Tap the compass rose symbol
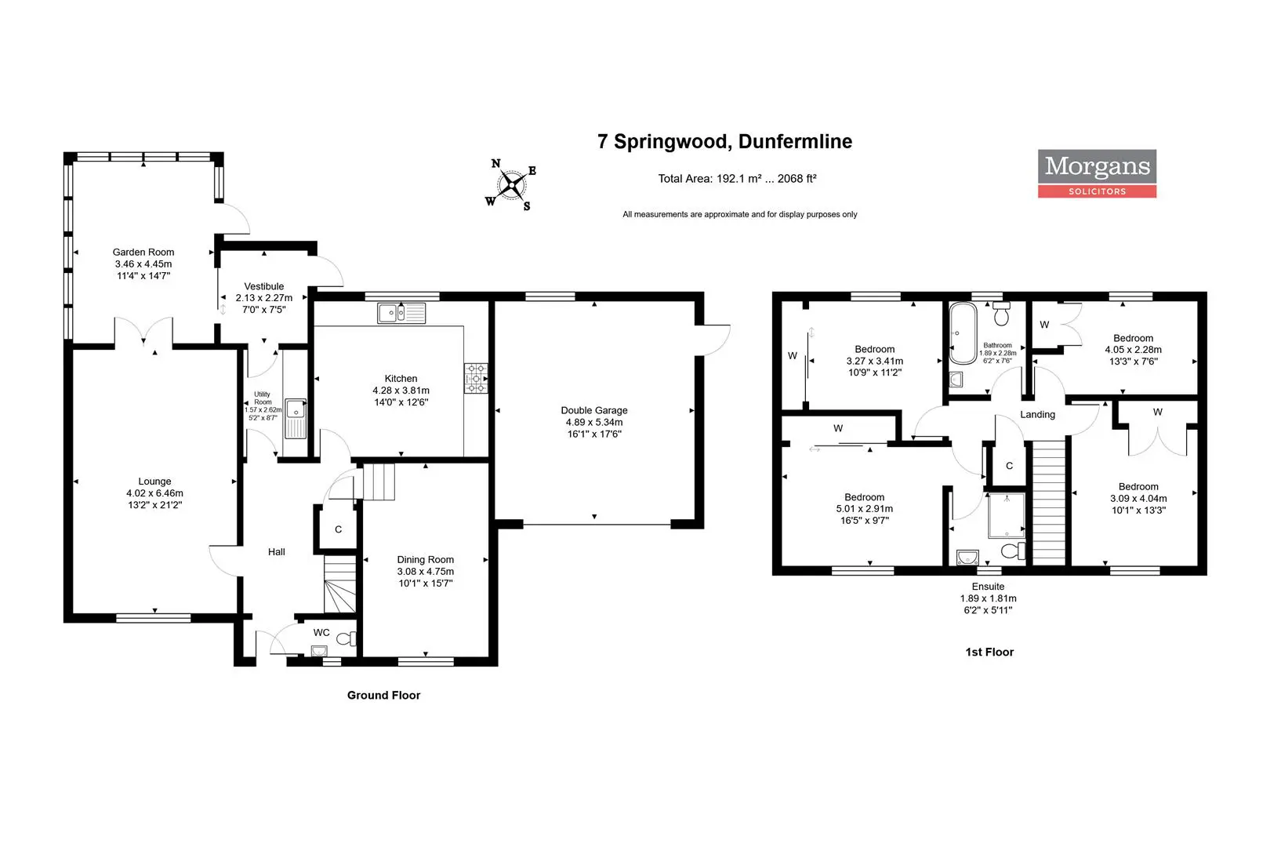point(511,185)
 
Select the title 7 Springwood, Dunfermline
point(724,141)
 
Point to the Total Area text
point(737,179)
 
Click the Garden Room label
point(143,252)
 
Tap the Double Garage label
point(594,410)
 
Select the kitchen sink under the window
point(401,313)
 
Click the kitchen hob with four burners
point(476,378)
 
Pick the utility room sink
point(295,419)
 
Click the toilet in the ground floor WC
point(346,639)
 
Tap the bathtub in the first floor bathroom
point(963,333)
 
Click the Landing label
point(1037,415)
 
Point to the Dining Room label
point(425,559)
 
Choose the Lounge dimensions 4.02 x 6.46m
point(154,493)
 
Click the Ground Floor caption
point(384,695)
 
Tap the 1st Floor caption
point(989,652)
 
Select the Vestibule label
point(264,286)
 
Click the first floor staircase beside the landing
point(1049,503)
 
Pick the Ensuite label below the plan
point(989,587)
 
